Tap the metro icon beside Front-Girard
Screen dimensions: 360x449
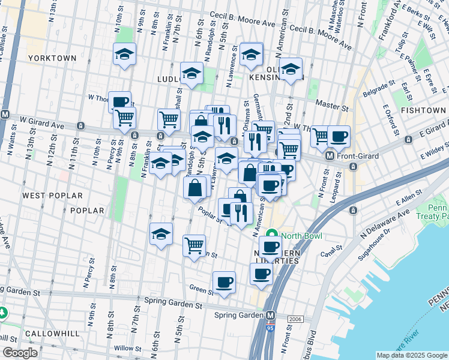click(330, 156)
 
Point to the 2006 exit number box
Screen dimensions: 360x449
click(294, 319)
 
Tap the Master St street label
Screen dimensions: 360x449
click(332, 106)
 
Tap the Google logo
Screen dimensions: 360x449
click(20, 353)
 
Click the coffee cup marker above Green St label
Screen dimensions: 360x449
click(224, 283)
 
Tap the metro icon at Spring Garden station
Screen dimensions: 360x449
click(271, 315)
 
